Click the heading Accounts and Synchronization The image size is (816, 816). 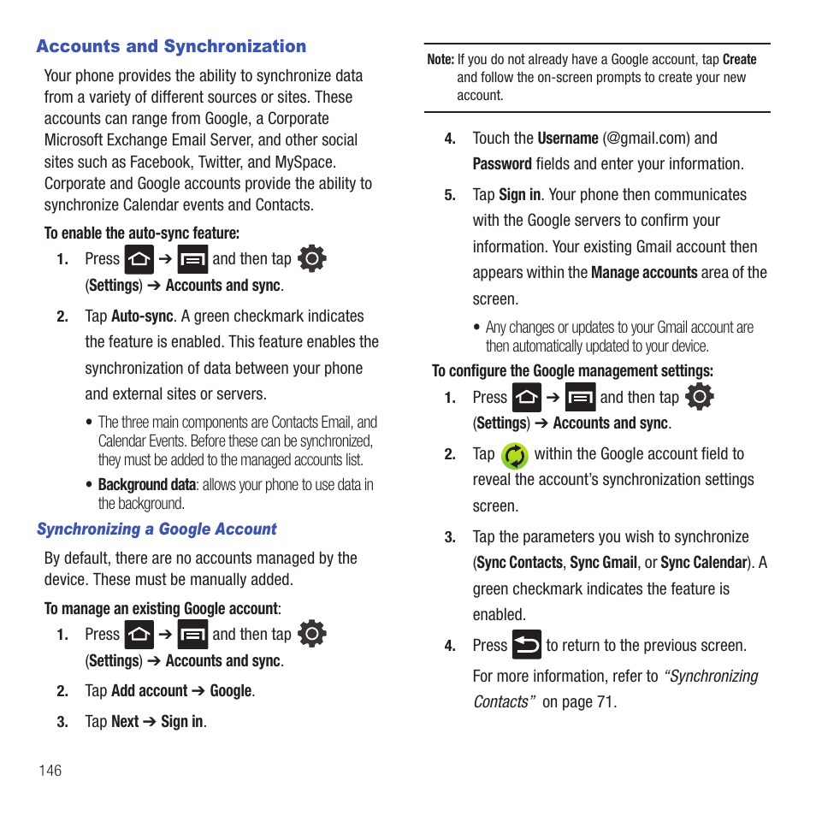pyautogui.click(x=171, y=47)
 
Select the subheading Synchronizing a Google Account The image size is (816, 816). pyautogui.click(x=157, y=529)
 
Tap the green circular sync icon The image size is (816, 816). pyautogui.click(x=514, y=456)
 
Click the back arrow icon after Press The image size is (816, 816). pyautogui.click(x=527, y=645)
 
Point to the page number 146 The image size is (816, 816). pyautogui.click(x=50, y=771)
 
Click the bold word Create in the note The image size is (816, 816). pyautogui.click(x=739, y=60)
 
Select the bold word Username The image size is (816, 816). pyautogui.click(x=568, y=139)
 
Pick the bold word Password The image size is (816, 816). pyautogui.click(x=502, y=164)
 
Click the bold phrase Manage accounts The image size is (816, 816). pyautogui.click(x=644, y=273)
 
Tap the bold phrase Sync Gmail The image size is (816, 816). pyautogui.click(x=603, y=563)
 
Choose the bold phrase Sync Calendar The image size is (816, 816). pyautogui.click(x=703, y=563)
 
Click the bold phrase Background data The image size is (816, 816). pyautogui.click(x=146, y=485)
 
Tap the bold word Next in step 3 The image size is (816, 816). pyautogui.click(x=125, y=722)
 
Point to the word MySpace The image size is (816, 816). pyautogui.click(x=305, y=162)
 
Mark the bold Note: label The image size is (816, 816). pyautogui.click(x=441, y=60)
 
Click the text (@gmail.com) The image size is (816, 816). pyautogui.click(x=646, y=139)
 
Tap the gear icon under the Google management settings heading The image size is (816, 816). pyautogui.click(x=700, y=397)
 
